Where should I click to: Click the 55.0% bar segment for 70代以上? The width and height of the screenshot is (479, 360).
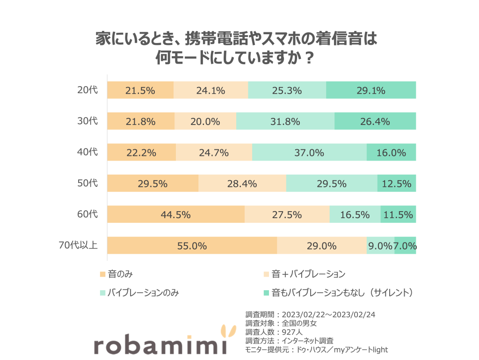click(192, 245)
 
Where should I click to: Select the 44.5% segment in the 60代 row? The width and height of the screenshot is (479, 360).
click(176, 214)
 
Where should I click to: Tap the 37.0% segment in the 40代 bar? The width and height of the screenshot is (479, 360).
click(309, 152)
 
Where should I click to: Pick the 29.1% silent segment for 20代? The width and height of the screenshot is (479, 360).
click(370, 90)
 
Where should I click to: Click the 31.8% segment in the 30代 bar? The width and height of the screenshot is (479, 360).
click(285, 121)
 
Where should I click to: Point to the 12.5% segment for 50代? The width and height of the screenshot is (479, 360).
click(396, 184)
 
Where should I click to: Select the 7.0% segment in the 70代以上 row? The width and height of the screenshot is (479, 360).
click(405, 245)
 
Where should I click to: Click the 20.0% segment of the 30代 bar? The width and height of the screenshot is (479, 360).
click(205, 121)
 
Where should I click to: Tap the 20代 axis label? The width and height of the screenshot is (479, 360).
click(87, 90)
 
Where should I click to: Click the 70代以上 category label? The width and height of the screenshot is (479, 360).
click(78, 245)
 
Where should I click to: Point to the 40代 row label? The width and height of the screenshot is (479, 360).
click(87, 152)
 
